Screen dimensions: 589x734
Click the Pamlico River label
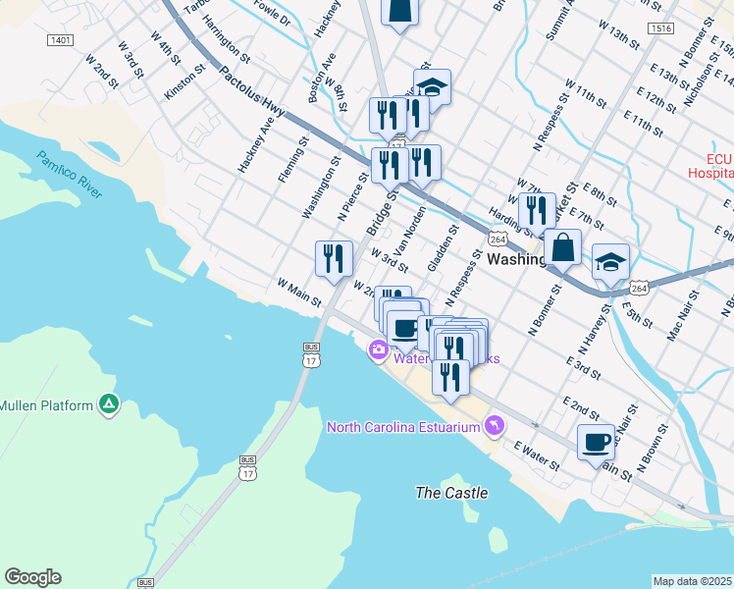click(x=69, y=175)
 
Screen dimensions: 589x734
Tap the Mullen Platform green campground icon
click(x=109, y=404)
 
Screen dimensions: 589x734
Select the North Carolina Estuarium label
click(x=403, y=426)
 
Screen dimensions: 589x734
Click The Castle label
click(x=451, y=493)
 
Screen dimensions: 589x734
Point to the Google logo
click(x=32, y=577)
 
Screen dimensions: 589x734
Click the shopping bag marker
click(x=563, y=248)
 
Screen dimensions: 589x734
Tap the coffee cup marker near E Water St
click(x=596, y=443)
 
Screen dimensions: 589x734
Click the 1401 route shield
click(x=60, y=40)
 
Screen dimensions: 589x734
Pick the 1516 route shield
click(x=660, y=29)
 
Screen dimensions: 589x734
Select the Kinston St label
click(x=185, y=83)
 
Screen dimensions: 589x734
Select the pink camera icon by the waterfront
click(x=378, y=350)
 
